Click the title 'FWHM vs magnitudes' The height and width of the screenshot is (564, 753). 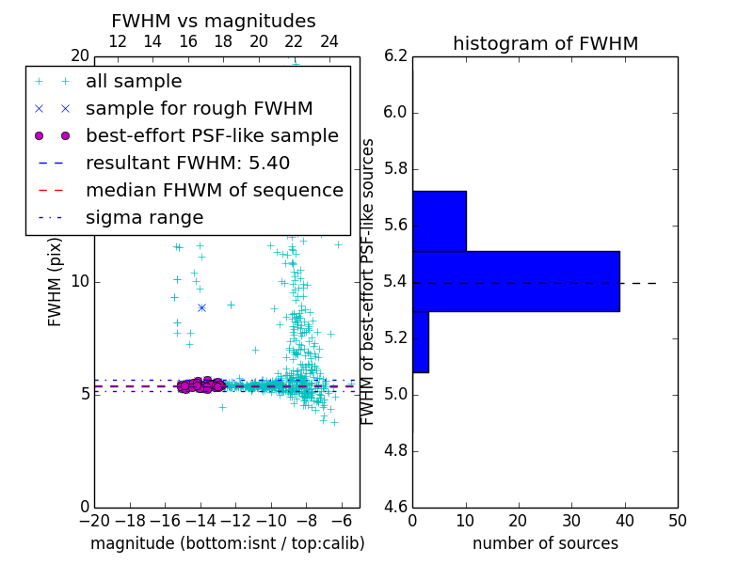(x=213, y=22)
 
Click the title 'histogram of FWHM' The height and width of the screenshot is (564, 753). (x=545, y=44)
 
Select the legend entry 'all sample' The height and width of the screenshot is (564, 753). (x=134, y=82)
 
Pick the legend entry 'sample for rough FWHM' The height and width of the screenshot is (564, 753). (x=199, y=108)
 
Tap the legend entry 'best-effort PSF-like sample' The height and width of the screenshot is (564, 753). (x=212, y=135)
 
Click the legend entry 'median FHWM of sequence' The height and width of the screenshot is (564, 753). (x=214, y=190)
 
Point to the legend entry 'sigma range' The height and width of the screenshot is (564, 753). (x=144, y=217)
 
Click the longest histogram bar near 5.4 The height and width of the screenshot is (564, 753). (x=516, y=281)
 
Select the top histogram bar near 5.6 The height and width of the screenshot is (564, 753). (x=439, y=221)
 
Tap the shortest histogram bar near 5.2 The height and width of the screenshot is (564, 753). (x=420, y=341)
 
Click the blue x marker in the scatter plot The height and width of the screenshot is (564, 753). (x=201, y=307)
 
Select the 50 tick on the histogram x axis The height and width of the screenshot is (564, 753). (x=677, y=521)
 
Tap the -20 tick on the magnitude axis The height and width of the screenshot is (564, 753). (x=94, y=521)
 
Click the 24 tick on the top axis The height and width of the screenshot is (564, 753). (x=329, y=41)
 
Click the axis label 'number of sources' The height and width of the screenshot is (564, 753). (x=545, y=543)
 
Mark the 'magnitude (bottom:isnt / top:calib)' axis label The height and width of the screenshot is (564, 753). (x=227, y=543)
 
